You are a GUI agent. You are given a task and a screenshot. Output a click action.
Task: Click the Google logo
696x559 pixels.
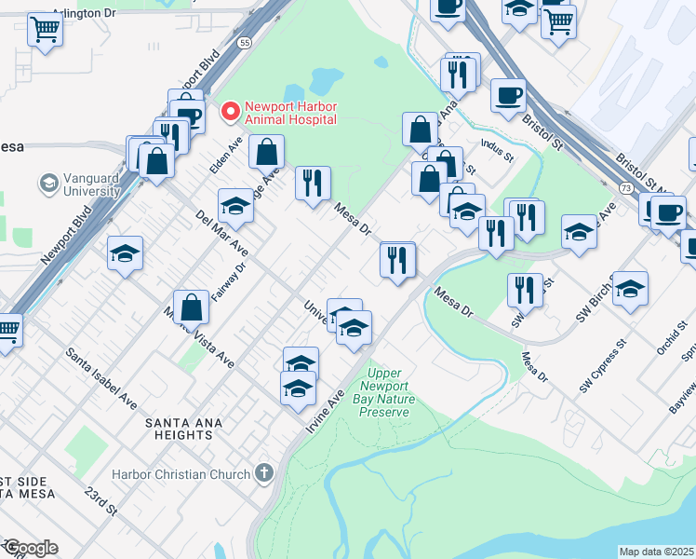coord(30,548)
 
